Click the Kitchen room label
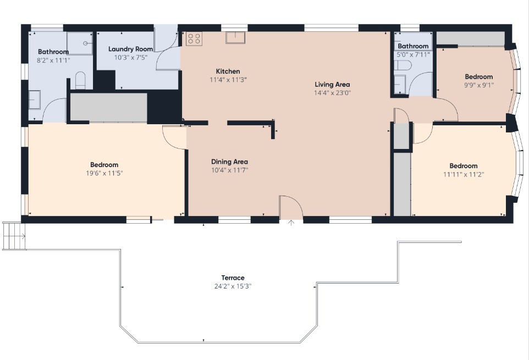pos(228,71)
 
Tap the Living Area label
pos(332,85)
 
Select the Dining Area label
pos(229,162)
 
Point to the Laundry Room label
pos(130,49)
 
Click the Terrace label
pos(233,278)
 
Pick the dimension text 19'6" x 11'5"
pos(104,173)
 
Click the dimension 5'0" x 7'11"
pos(413,54)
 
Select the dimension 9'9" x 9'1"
pos(479,85)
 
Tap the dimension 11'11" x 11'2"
pos(464,174)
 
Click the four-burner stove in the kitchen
pos(194,38)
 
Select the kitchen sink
pos(235,37)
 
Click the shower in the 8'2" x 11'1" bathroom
pos(80,43)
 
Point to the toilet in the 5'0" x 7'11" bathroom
pos(402,65)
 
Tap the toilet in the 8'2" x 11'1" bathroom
pos(80,80)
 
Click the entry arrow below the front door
pos(291,223)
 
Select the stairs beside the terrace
pos(14,236)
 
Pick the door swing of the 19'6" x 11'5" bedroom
pos(174,137)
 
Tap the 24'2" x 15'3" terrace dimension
pos(233,286)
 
